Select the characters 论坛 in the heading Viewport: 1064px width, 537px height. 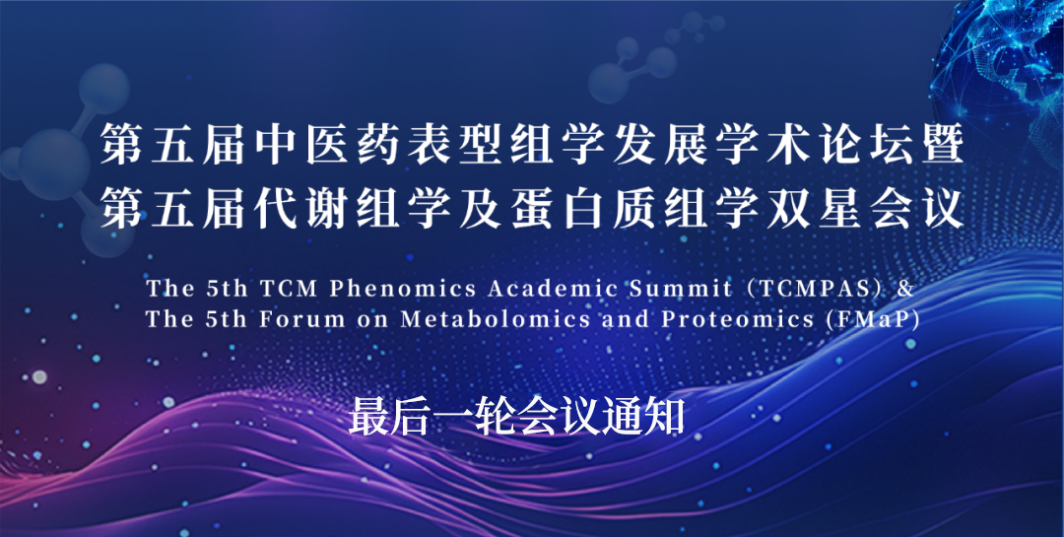(x=864, y=146)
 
